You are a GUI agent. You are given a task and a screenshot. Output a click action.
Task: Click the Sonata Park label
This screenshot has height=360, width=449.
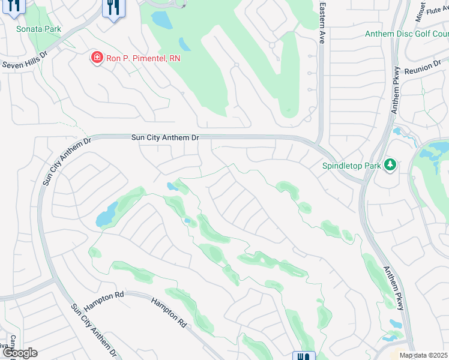pyautogui.click(x=38, y=29)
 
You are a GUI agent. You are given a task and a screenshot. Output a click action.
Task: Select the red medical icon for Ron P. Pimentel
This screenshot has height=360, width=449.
pyautogui.click(x=96, y=58)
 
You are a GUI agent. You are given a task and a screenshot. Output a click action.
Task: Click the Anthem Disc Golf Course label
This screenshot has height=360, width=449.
pyautogui.click(x=406, y=34)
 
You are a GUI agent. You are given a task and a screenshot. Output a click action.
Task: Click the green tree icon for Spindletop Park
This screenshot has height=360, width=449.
pyautogui.click(x=390, y=164)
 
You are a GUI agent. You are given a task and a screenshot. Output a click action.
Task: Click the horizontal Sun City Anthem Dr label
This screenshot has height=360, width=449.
pyautogui.click(x=165, y=137)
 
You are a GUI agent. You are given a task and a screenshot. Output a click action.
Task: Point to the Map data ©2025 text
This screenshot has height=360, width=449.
pyautogui.click(x=424, y=355)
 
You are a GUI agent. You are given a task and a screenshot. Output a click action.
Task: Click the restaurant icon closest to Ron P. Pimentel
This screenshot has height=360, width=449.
pyautogui.click(x=112, y=8)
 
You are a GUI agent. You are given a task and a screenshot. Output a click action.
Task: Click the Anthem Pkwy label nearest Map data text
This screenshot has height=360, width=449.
pyautogui.click(x=393, y=288)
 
